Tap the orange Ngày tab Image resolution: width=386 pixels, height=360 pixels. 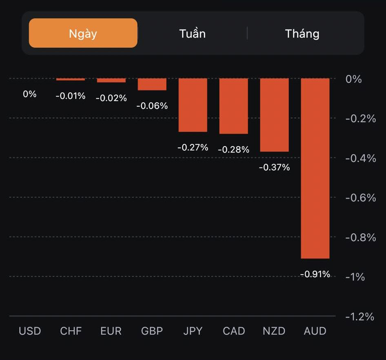[x=83, y=33]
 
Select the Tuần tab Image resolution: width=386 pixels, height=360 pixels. [x=192, y=33]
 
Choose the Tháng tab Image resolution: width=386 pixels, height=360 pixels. [x=302, y=33]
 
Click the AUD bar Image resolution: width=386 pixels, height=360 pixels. [x=315, y=168]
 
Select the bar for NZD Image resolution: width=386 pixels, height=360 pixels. [x=274, y=115]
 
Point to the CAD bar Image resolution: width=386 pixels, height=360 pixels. [x=233, y=106]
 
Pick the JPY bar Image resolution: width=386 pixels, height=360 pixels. [x=193, y=105]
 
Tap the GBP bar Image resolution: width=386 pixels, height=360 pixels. [x=152, y=84]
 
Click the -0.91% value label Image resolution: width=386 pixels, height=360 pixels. [x=315, y=274]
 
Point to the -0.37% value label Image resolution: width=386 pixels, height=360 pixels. [x=274, y=167]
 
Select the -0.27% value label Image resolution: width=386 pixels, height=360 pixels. [x=193, y=147]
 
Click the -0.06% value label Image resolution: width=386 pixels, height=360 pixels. [x=152, y=106]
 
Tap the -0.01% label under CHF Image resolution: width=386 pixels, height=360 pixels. [x=71, y=96]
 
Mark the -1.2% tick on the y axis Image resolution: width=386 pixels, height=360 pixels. [x=359, y=316]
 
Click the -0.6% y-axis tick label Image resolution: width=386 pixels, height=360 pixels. [x=360, y=198]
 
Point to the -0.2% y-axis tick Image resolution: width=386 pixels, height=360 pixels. [x=360, y=119]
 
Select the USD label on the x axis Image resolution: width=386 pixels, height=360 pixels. [x=30, y=331]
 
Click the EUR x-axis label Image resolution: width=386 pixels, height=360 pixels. [x=111, y=331]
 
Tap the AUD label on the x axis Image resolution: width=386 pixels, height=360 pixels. [x=315, y=331]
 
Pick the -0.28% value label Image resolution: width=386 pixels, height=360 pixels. [x=233, y=150]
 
